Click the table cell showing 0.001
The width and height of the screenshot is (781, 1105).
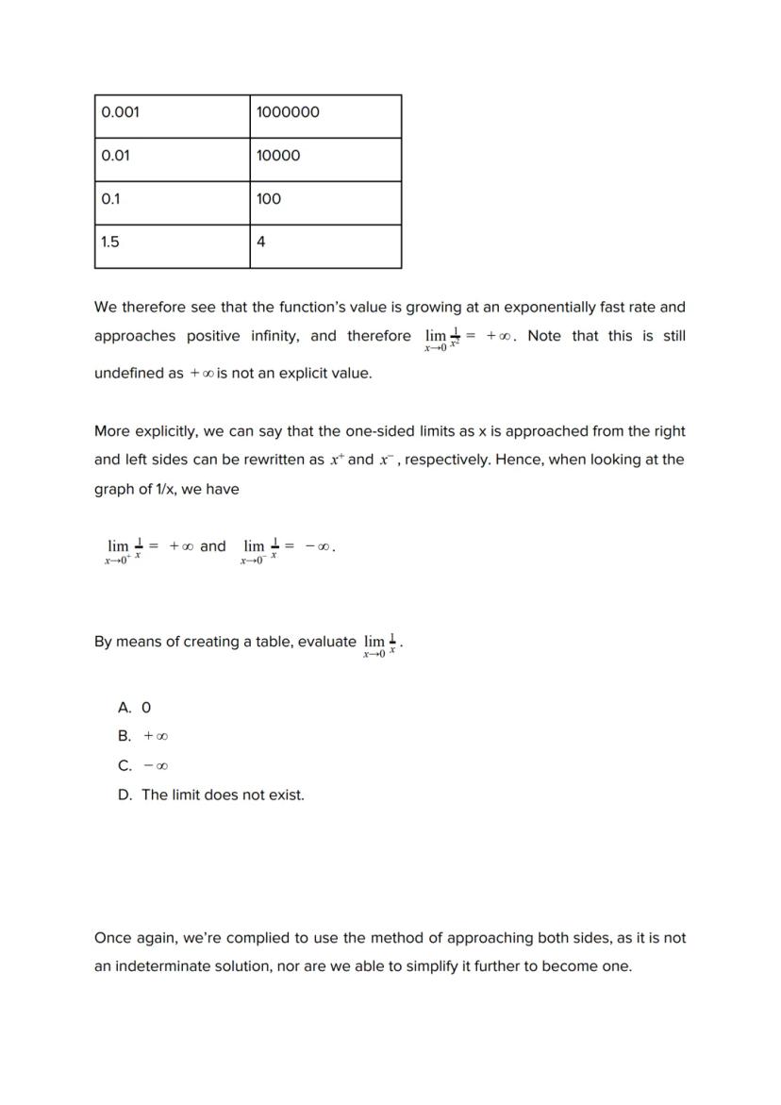coord(172,116)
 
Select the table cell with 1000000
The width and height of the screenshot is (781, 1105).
coord(325,116)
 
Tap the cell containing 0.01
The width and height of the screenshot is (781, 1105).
coord(172,159)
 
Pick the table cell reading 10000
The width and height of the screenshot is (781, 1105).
coord(325,159)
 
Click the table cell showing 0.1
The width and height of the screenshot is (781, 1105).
coord(172,203)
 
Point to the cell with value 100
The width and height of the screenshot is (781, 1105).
coord(325,203)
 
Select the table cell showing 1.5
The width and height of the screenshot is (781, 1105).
coord(172,246)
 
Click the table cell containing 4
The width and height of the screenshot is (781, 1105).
coord(325,246)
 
